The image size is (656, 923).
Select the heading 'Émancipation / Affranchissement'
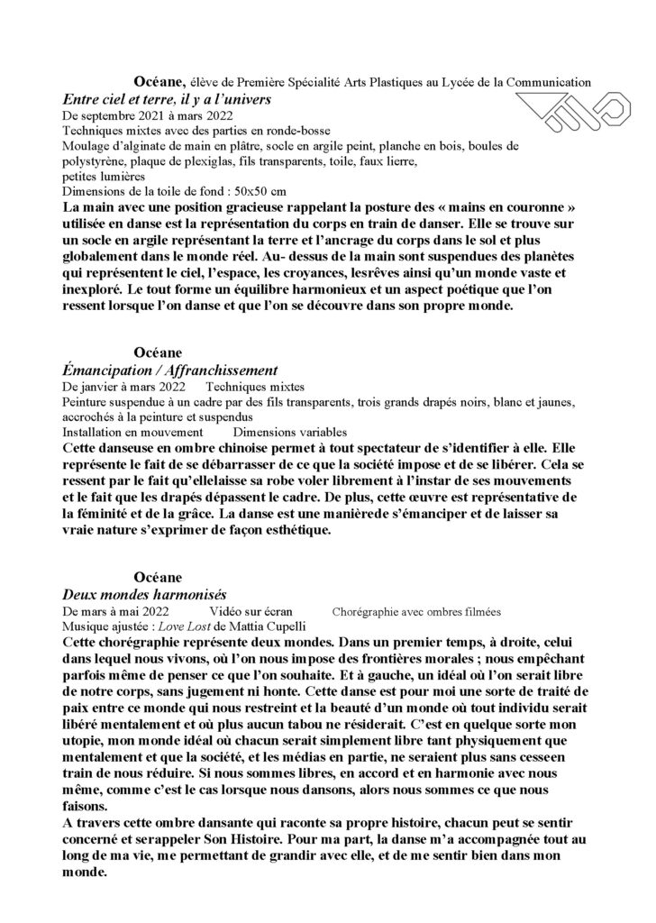coord(167,370)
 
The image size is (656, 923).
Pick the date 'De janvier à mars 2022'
coord(119,387)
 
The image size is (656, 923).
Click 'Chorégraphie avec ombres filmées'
coord(415,612)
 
